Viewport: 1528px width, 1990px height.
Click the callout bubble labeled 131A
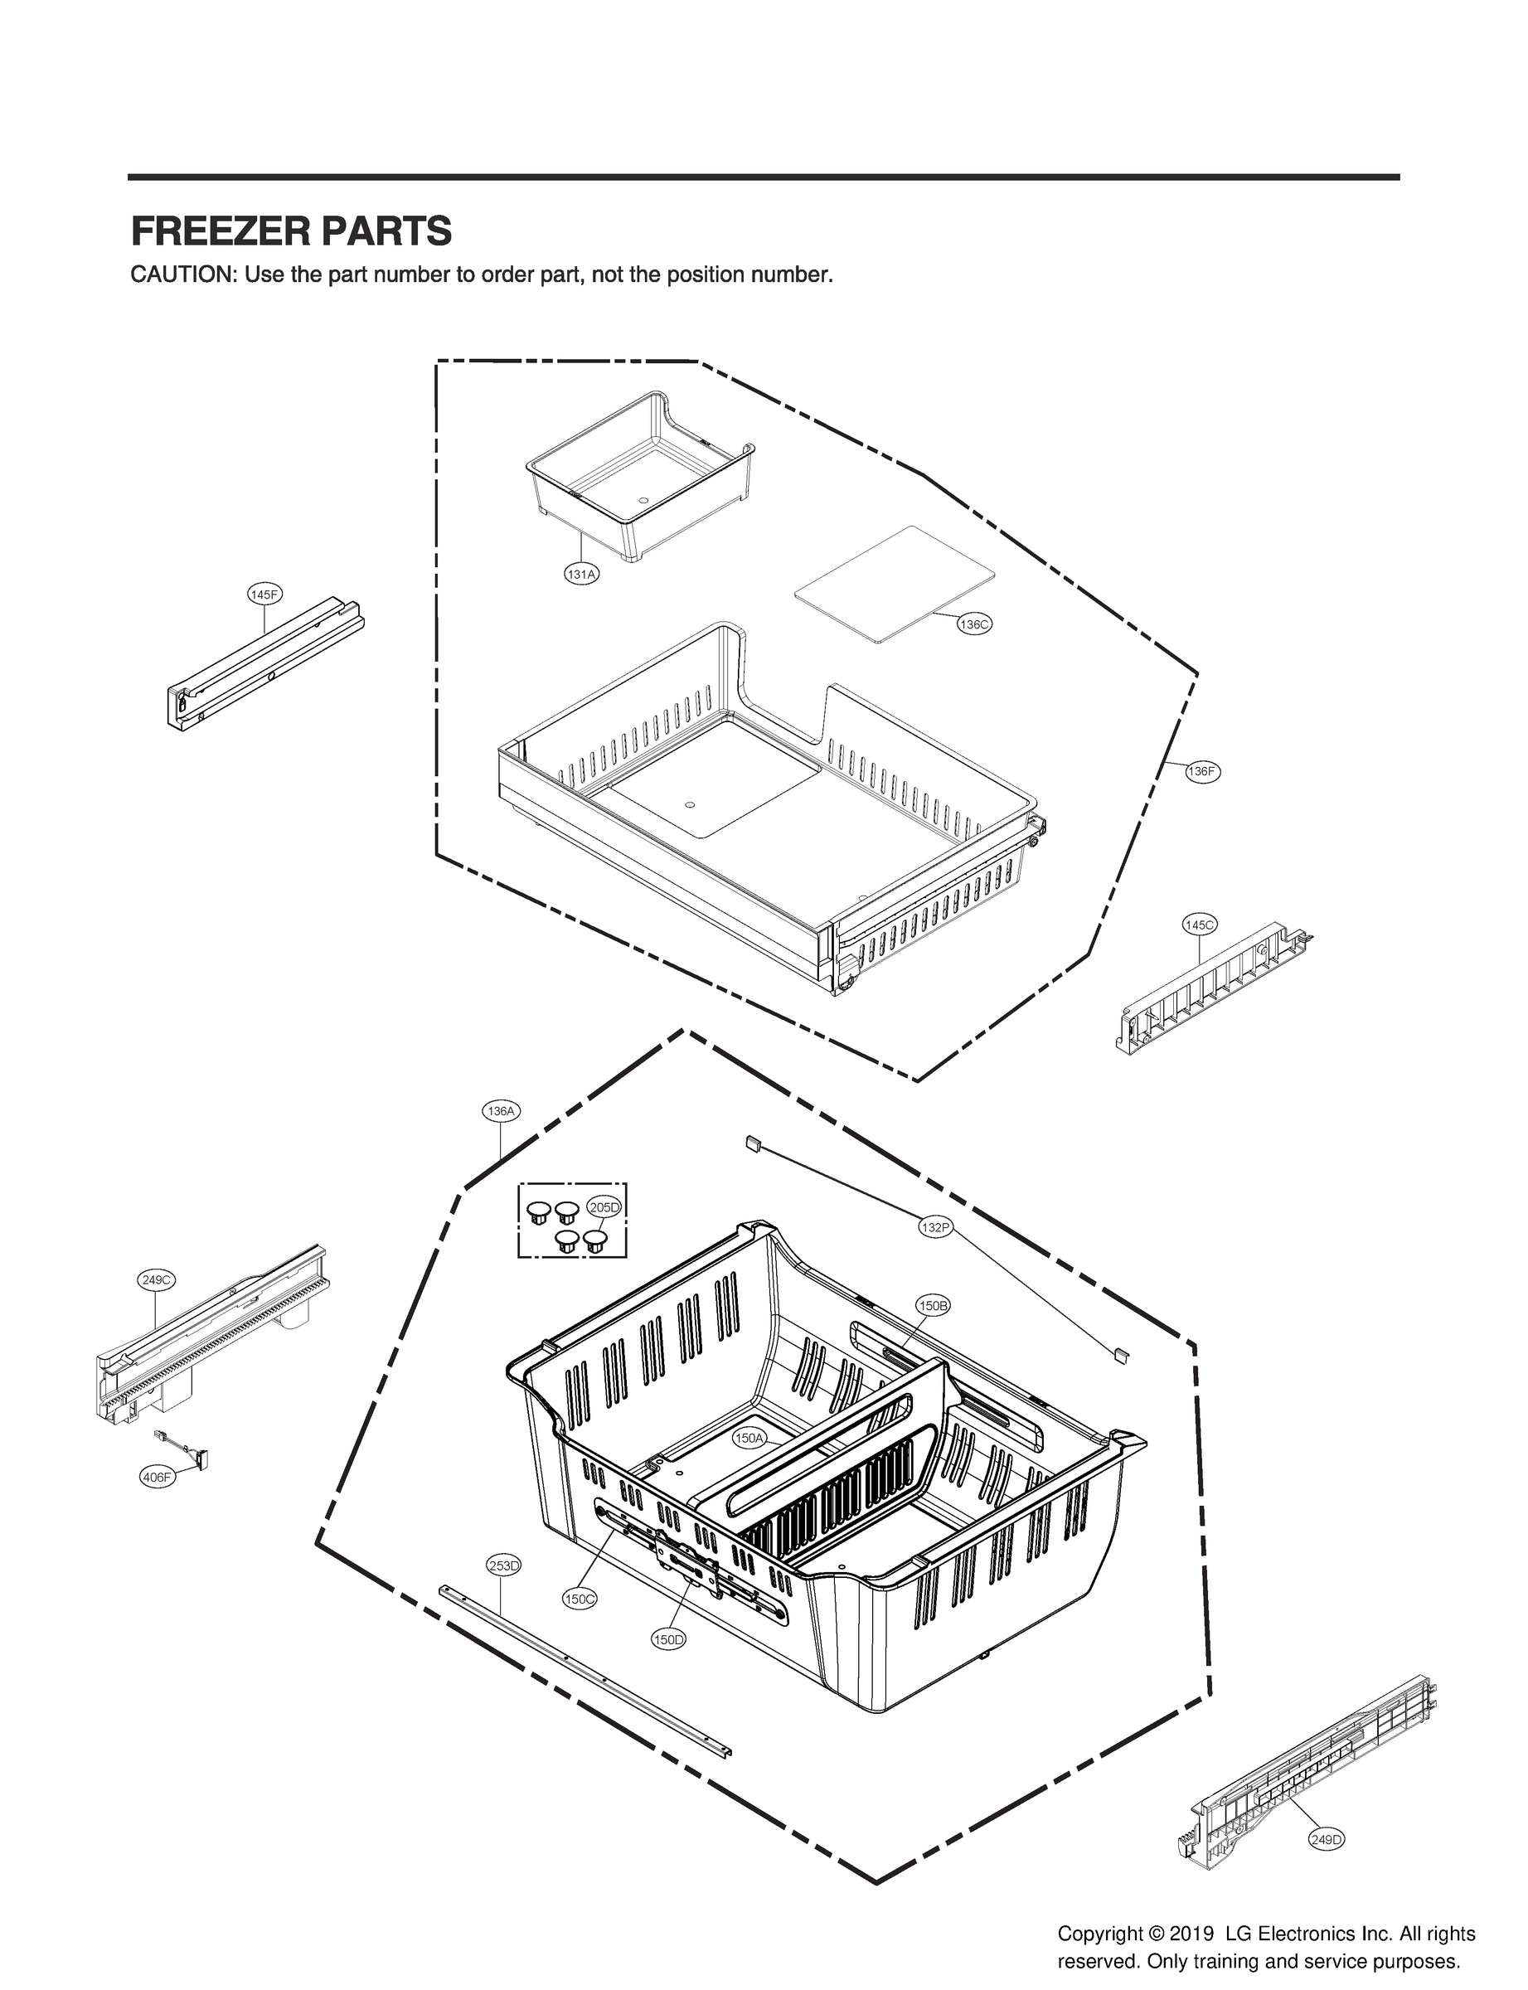pyautogui.click(x=581, y=574)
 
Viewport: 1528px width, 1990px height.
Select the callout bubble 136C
pyautogui.click(x=973, y=625)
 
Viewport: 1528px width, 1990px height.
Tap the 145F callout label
pyautogui.click(x=264, y=594)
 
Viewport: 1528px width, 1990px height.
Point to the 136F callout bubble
pyautogui.click(x=1201, y=771)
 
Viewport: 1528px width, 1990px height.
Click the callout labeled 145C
pyautogui.click(x=1199, y=925)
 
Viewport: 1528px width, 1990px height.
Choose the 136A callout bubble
pyautogui.click(x=501, y=1110)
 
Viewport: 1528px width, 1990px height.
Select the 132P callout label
pyautogui.click(x=935, y=1227)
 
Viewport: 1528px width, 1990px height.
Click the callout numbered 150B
pyautogui.click(x=934, y=1305)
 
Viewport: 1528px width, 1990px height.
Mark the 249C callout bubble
pyautogui.click(x=156, y=1279)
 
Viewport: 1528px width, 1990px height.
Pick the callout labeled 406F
pyautogui.click(x=157, y=1477)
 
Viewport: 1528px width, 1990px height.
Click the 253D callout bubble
pyautogui.click(x=503, y=1565)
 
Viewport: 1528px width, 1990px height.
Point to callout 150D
pyautogui.click(x=668, y=1639)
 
